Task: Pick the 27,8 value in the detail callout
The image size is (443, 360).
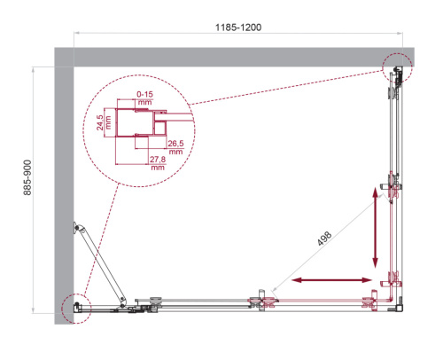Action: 158,158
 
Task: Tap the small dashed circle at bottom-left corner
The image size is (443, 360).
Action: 75,307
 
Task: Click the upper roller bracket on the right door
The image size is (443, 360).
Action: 392,187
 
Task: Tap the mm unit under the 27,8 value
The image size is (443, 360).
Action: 158,167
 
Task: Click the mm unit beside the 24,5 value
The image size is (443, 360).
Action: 108,118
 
